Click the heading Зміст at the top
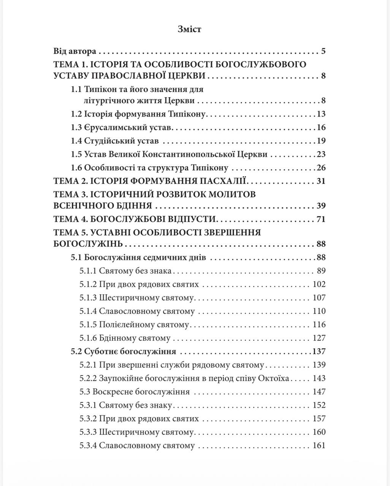click(x=189, y=29)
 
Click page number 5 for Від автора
click(x=323, y=51)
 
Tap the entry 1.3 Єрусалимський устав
click(x=122, y=128)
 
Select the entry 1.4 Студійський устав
click(x=115, y=141)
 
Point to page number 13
click(x=321, y=114)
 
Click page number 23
click(x=321, y=155)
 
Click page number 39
click(x=321, y=206)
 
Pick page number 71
click(x=321, y=219)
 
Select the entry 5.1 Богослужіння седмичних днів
click(x=138, y=257)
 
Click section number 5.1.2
click(x=88, y=284)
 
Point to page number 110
click(x=319, y=311)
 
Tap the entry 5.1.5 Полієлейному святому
click(x=135, y=325)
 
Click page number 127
click(x=319, y=338)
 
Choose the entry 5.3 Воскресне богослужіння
click(x=135, y=392)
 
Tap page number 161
click(x=319, y=445)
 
